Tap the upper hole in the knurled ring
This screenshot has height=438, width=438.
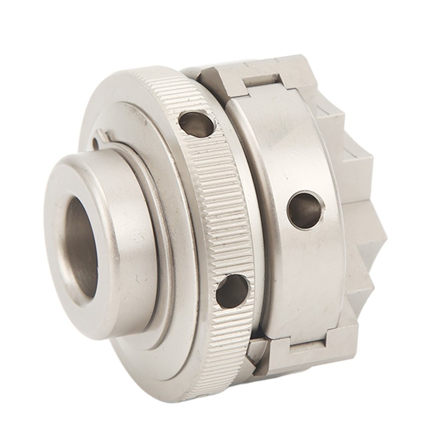click(197, 124)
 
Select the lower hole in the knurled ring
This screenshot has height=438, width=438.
click(232, 291)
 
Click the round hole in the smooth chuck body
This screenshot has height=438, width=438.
click(305, 209)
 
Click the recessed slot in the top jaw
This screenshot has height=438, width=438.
click(263, 81)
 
